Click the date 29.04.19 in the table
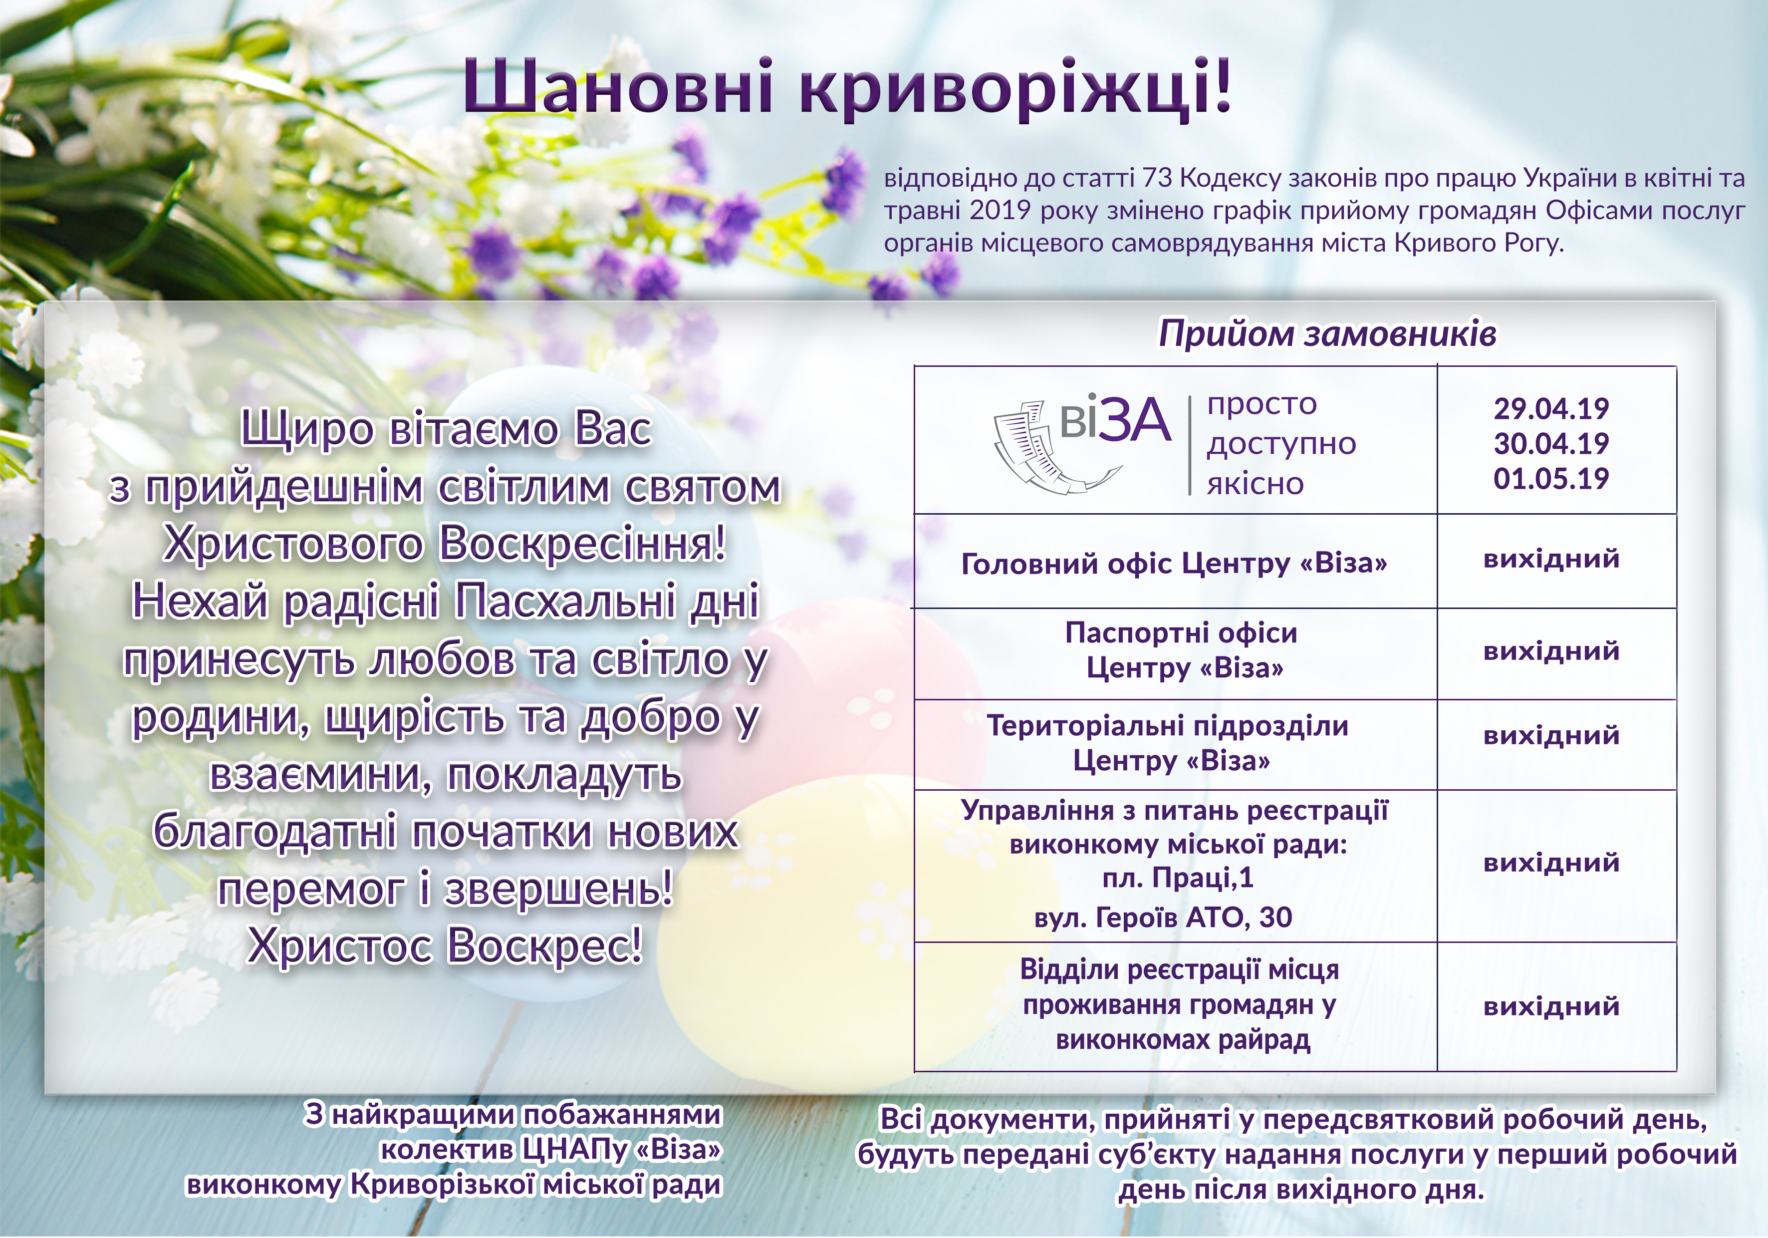(1551, 408)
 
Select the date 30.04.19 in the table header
(1551, 444)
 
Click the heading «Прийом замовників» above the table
(1327, 333)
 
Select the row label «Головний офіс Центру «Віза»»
(1174, 563)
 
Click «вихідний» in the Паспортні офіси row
(1551, 651)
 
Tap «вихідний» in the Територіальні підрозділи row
(1551, 735)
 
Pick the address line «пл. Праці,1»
(1178, 878)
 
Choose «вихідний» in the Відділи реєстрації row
(1551, 1006)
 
